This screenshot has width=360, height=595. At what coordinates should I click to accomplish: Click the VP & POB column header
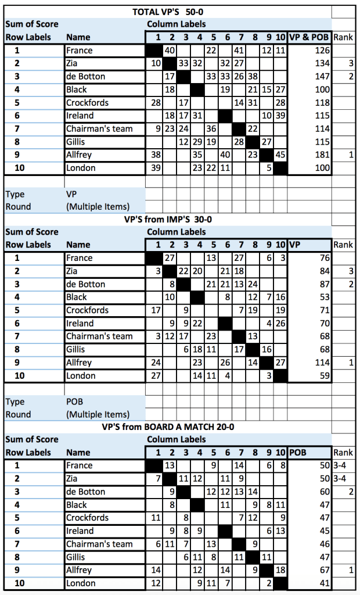[x=309, y=37]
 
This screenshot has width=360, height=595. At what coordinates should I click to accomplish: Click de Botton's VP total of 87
[x=323, y=285]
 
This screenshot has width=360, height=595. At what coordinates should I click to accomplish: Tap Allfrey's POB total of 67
[x=323, y=570]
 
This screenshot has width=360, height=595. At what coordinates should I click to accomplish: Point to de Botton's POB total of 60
[x=323, y=492]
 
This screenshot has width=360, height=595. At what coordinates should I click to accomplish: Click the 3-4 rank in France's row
[x=340, y=466]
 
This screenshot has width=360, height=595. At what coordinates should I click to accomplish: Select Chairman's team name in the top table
[x=99, y=128]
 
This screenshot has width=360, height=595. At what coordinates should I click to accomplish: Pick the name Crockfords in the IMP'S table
[x=87, y=310]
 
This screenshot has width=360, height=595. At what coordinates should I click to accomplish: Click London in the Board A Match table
[x=81, y=583]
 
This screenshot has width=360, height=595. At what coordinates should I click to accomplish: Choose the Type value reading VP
[x=72, y=194]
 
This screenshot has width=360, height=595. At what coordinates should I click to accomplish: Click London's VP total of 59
[x=323, y=375]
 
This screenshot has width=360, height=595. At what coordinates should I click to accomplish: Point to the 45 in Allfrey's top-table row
[x=280, y=155]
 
